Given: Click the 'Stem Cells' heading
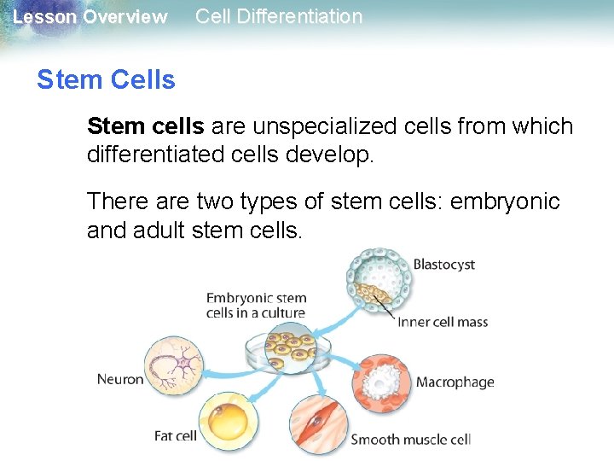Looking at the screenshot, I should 106,80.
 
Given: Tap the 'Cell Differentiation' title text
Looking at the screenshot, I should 279,16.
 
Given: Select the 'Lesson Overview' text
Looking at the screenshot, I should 90,17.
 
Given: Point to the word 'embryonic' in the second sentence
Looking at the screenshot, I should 506,201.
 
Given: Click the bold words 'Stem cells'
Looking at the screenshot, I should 145,126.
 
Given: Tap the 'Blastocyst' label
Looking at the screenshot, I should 443,265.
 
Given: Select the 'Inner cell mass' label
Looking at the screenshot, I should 442,322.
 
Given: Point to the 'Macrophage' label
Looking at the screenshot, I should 455,382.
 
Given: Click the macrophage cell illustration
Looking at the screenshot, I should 381,381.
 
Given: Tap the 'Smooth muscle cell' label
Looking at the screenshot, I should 410,440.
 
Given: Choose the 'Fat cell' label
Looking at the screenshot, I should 175,435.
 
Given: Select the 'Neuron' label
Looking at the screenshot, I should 120,379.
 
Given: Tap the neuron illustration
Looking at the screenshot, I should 176,368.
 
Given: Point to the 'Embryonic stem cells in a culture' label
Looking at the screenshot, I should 256,306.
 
